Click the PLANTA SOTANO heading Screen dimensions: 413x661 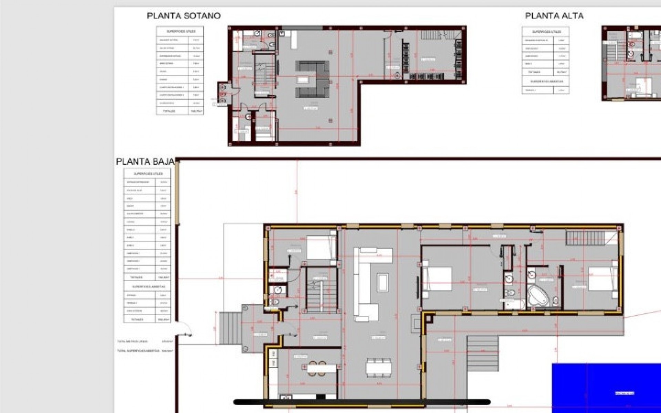click(183, 16)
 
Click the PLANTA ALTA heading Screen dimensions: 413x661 click(554, 16)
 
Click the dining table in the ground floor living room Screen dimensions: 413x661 click(378, 368)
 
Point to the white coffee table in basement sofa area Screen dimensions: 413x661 click(303, 80)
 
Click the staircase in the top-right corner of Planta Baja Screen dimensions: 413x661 click(582, 238)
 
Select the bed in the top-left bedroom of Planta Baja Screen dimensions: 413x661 click(321, 247)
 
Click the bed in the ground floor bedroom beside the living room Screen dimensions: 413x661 click(437, 279)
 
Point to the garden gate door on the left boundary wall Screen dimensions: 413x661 click(184, 329)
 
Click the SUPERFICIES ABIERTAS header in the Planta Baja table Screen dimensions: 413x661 click(147, 286)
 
